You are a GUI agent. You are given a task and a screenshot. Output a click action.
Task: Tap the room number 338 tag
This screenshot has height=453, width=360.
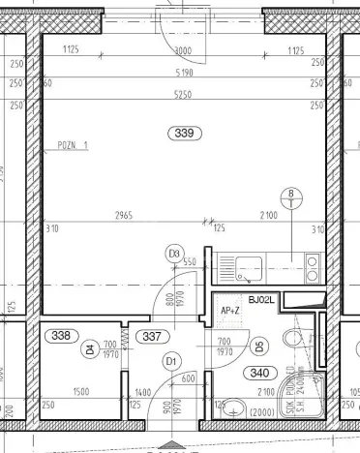[x=61, y=336]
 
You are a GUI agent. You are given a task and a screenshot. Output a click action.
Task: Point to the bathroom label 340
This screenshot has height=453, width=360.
[x=259, y=372]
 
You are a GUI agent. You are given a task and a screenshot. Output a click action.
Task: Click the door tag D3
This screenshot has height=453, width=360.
[x=174, y=254]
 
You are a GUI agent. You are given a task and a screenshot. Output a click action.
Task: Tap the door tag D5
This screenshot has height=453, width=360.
[x=258, y=346]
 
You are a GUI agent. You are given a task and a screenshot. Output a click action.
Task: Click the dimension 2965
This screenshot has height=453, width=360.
[x=122, y=214]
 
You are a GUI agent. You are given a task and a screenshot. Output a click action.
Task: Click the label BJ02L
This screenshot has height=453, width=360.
[x=261, y=301]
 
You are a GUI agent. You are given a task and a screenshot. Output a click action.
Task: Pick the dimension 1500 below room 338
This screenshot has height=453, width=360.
[x=80, y=391]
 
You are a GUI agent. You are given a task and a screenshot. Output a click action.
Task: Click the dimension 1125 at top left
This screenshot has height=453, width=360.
[x=70, y=51]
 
